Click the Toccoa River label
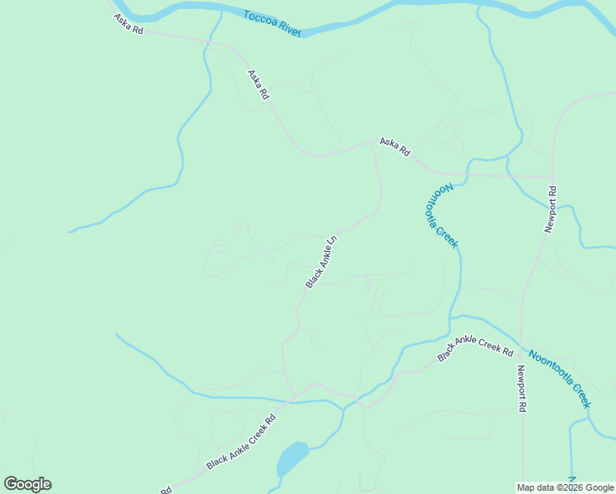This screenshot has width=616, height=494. coord(272,22)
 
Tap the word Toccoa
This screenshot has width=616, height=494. coord(259,17)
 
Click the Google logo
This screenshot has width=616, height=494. coord(27,484)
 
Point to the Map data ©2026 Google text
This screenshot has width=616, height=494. coord(566,487)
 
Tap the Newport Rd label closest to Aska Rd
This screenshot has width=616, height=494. coord(551,210)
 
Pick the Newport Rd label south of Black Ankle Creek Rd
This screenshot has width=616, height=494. coord(521,389)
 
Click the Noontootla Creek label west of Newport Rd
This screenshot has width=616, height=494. coord(441,215)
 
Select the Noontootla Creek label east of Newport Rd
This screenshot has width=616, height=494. coord(560,380)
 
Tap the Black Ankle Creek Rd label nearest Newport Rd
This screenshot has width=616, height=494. coord(476,348)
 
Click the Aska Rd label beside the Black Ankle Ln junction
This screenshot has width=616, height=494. coord(394,147)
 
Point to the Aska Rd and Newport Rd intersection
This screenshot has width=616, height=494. coord(553,176)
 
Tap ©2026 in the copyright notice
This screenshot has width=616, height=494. coord(567,487)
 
